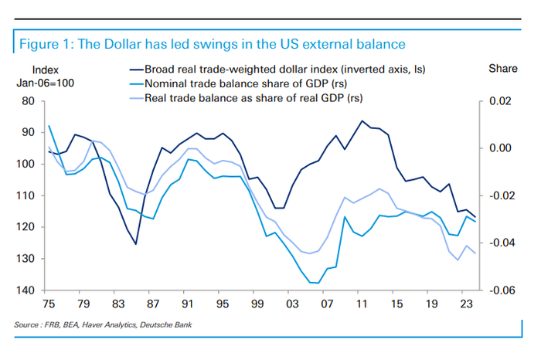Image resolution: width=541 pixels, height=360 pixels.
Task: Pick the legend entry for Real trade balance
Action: click(247, 98)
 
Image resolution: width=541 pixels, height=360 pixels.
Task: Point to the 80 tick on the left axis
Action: click(30, 101)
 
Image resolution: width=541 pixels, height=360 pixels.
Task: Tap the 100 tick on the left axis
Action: click(28, 164)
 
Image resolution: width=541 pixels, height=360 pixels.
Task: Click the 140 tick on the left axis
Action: click(28, 290)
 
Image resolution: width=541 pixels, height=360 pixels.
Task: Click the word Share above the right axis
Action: click(503, 69)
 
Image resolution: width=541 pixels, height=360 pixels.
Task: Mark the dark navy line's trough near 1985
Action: click(135, 244)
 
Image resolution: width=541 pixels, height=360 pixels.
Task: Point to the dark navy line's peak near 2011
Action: click(362, 121)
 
